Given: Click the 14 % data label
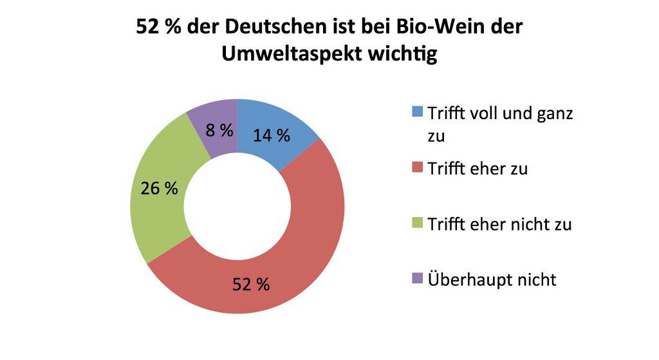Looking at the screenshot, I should (271, 136).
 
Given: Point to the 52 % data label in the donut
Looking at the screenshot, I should (251, 284).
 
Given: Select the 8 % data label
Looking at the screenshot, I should (219, 130).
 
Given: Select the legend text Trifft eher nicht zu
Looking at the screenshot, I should (499, 224).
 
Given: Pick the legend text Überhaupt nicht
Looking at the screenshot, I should (492, 279).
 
